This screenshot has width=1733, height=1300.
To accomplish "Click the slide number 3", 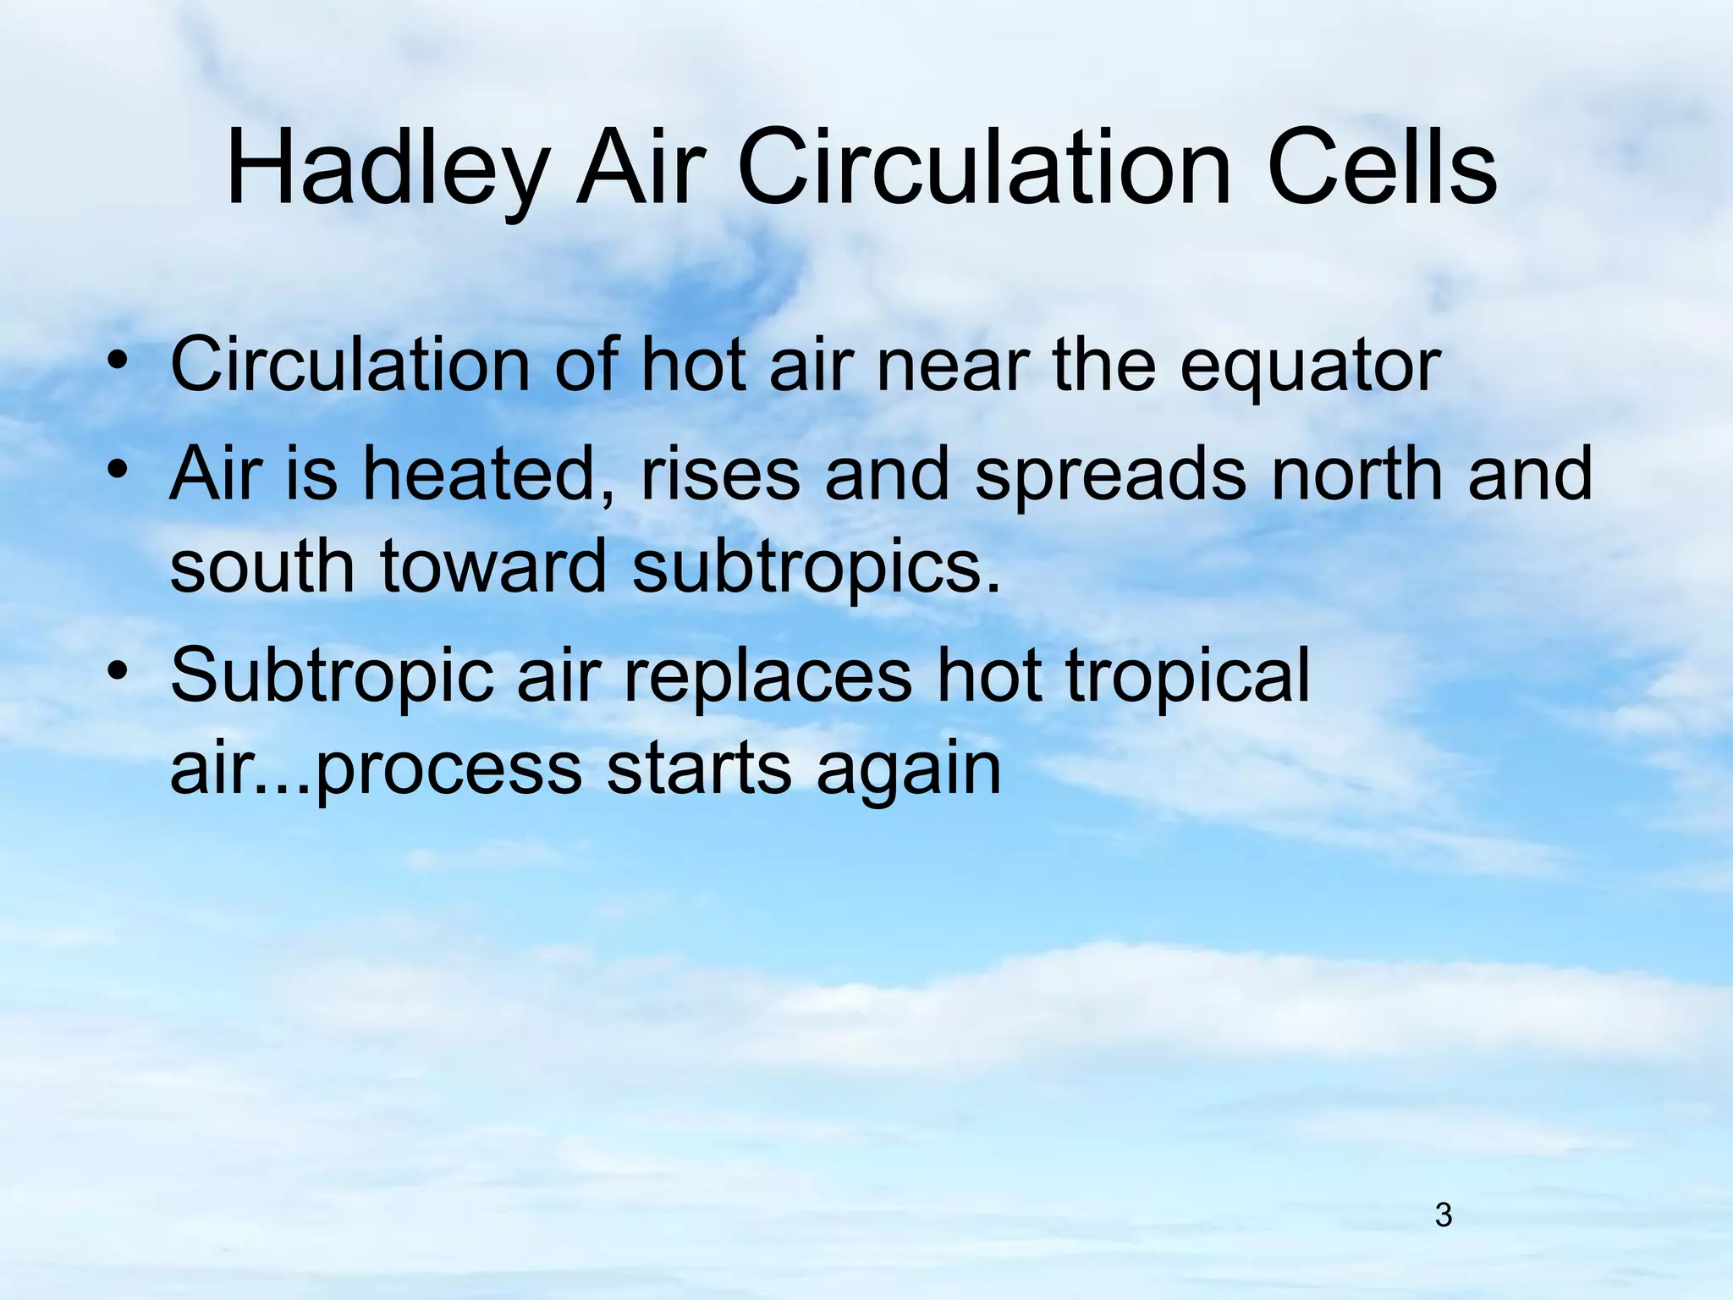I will pos(1444,1215).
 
